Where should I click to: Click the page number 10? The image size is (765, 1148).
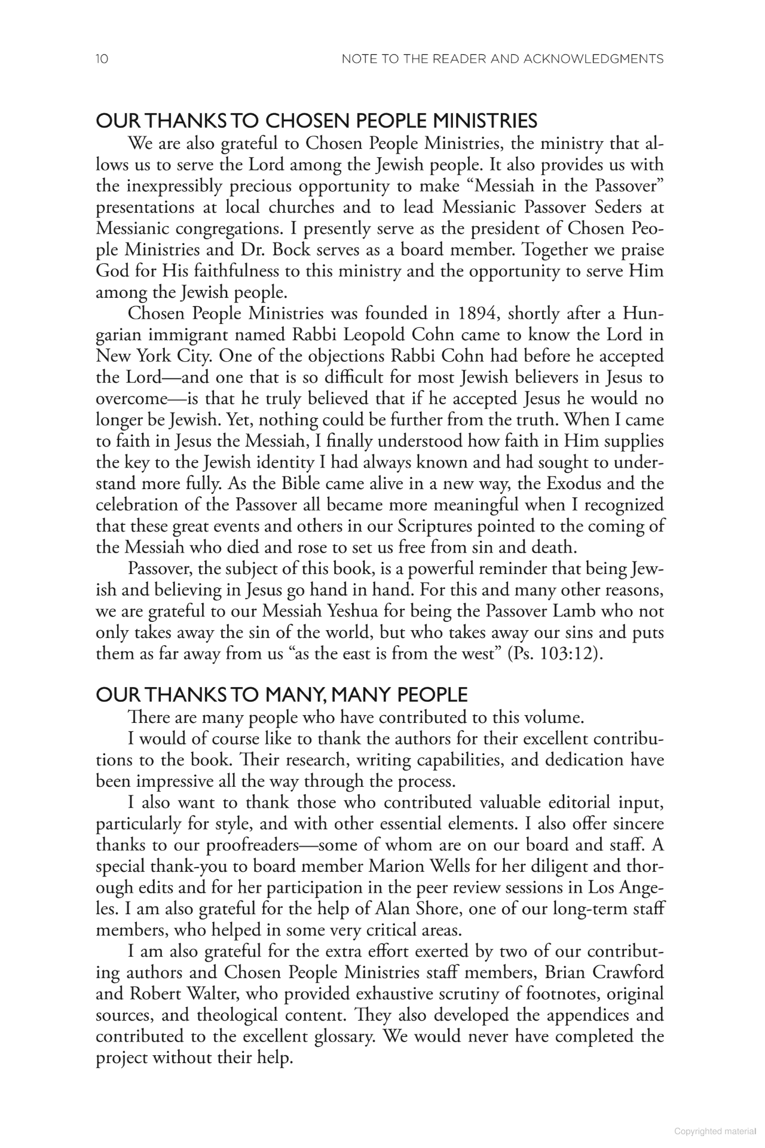[x=102, y=59]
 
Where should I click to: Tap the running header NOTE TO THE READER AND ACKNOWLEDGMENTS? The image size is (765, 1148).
[x=502, y=59]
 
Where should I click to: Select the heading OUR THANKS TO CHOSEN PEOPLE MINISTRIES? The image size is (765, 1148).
[x=317, y=121]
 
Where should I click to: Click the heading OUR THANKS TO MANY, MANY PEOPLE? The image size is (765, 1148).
[x=281, y=695]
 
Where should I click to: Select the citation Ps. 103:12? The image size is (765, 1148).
[x=553, y=653]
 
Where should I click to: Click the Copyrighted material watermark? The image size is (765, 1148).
[x=715, y=1131]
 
